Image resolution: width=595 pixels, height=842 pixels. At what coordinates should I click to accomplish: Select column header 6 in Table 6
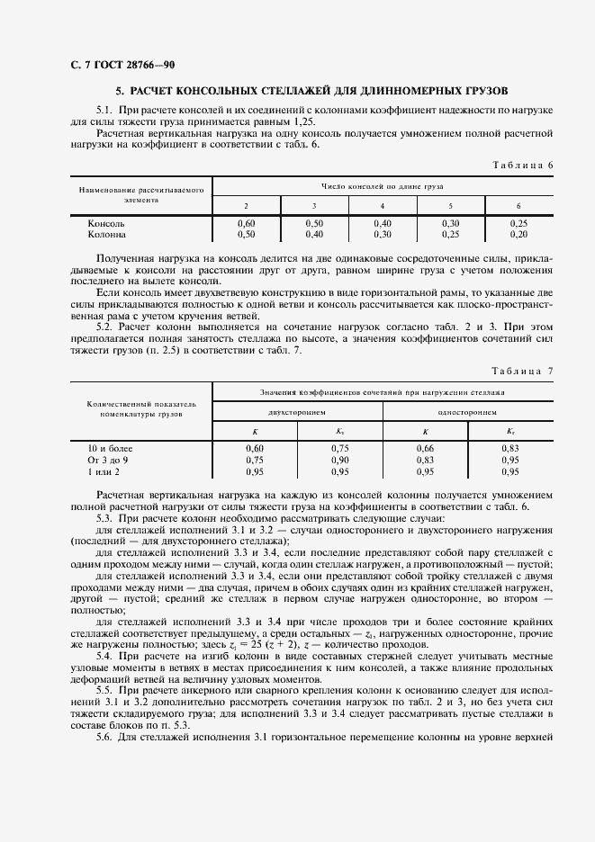coord(518,206)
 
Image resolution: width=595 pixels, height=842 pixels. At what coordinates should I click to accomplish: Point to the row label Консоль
coord(106,222)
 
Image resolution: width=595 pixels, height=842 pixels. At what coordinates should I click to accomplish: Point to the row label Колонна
coord(107,233)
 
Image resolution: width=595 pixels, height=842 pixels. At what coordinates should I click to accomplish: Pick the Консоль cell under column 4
coord(383,222)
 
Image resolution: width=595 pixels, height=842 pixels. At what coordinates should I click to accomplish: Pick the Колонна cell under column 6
coord(518,233)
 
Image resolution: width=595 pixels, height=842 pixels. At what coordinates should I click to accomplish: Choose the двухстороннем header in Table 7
coord(296,410)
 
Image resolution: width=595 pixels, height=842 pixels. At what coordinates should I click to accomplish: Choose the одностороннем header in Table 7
coord(468,410)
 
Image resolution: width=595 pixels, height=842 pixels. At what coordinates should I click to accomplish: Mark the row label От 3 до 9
coord(108,459)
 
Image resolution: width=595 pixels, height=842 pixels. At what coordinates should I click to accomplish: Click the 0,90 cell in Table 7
coord(339,459)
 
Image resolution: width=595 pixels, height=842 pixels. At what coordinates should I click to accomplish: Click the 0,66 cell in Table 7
coord(425,448)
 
